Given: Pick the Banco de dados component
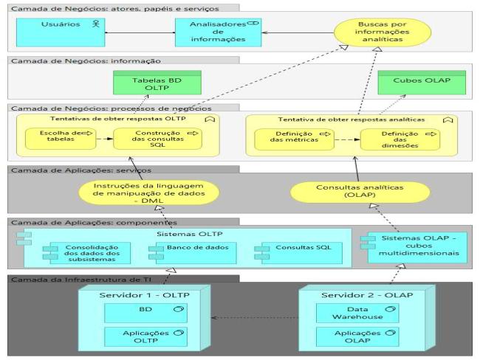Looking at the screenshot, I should [x=179, y=248].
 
